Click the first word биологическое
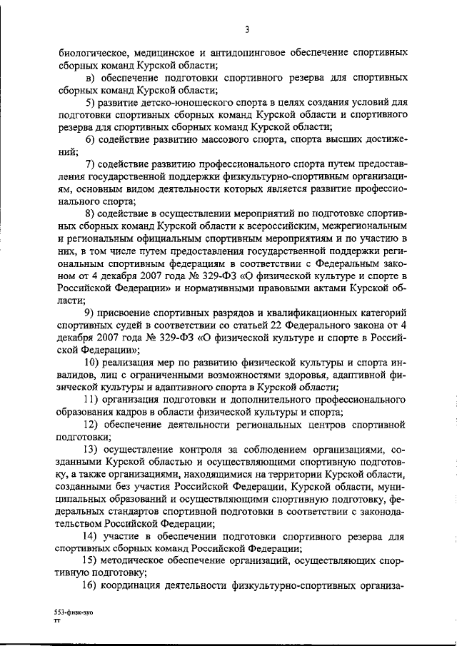[x=93, y=54]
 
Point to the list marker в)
[x=91, y=79]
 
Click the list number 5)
[x=91, y=104]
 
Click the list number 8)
[x=91, y=213]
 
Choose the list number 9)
[x=91, y=313]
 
